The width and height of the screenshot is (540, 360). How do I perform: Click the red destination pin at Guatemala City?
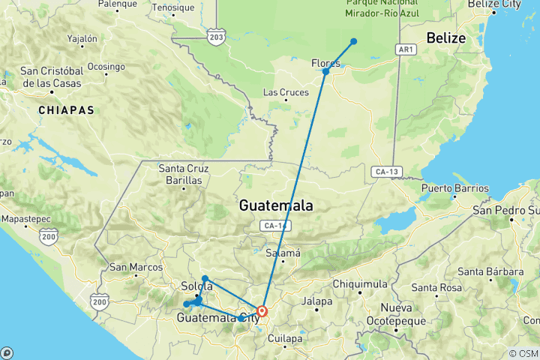point(262,310)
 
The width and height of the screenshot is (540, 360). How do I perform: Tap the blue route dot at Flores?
point(325,71)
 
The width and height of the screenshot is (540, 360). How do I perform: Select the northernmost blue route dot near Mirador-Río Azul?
point(353,41)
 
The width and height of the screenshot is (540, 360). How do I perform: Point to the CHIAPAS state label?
point(67,110)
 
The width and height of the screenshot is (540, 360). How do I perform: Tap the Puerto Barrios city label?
point(454,188)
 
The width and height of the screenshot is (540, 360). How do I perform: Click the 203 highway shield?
point(217,37)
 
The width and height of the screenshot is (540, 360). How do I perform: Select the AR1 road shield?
point(405,49)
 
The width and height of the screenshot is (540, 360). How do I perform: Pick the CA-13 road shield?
point(386,172)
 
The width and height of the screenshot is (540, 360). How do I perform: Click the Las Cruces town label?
point(285,93)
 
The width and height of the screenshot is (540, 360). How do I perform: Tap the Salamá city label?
point(284,253)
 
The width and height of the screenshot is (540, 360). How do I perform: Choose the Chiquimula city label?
point(359,283)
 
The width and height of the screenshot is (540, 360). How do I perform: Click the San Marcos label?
point(136,267)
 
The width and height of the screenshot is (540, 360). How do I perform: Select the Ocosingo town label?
point(106,66)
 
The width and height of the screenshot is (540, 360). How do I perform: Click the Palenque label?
point(117,4)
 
